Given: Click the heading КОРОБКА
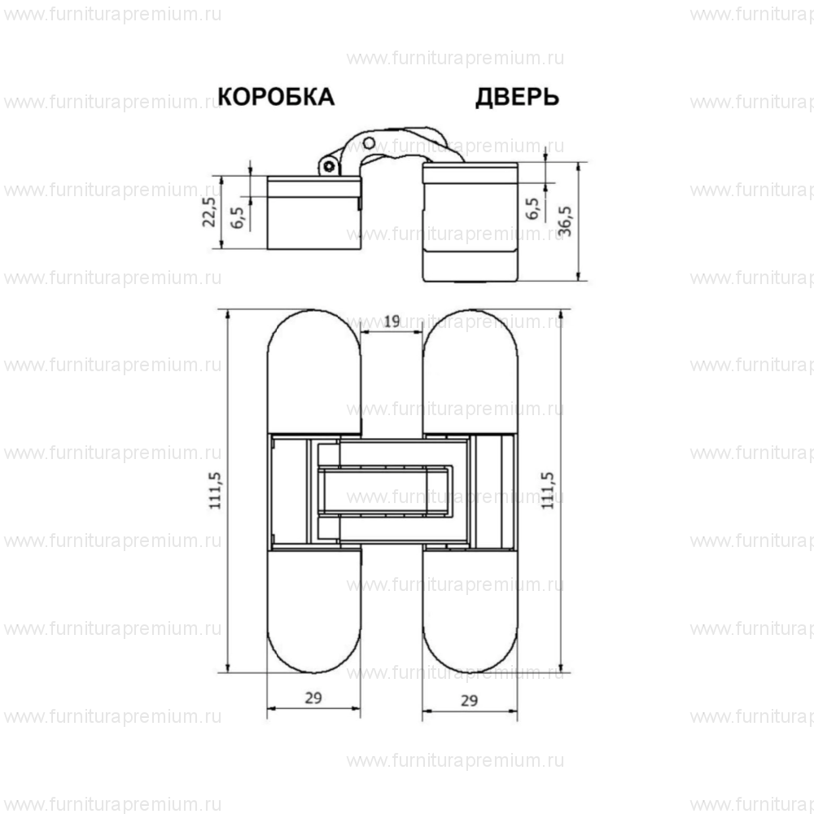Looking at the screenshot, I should pos(277,97).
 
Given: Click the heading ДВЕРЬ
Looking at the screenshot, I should pos(517,97).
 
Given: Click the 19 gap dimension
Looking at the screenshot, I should pos(391,322).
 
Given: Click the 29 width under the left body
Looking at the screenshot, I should pos(313,698).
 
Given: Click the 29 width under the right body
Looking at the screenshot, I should pos(469,699).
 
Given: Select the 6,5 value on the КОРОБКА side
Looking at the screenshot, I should pos(237,217).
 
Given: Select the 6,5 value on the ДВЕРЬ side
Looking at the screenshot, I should pos(534,208).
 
